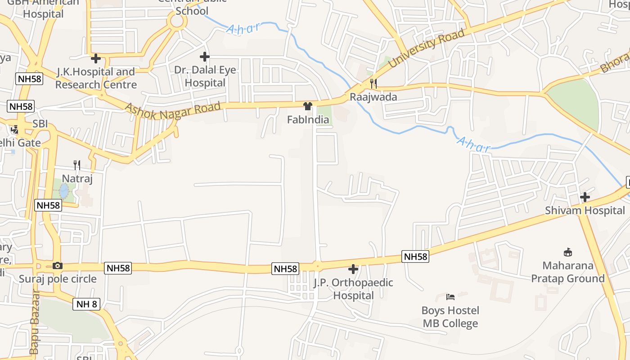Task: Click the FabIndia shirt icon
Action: (x=308, y=106)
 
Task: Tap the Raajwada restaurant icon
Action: (x=373, y=83)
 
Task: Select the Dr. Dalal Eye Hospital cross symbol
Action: (x=205, y=57)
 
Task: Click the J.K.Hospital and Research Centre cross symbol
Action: (x=95, y=58)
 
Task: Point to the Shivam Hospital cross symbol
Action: (x=585, y=197)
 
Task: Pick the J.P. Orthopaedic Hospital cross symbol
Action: (x=353, y=270)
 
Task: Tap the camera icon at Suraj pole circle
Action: (x=58, y=265)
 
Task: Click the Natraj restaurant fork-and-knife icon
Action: (x=77, y=165)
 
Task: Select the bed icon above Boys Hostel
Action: (x=450, y=297)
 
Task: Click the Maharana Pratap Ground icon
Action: (x=568, y=252)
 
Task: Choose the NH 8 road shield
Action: (x=86, y=304)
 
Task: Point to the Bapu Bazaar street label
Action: (x=34, y=322)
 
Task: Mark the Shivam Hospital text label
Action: (x=585, y=211)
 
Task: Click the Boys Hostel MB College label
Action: (x=450, y=317)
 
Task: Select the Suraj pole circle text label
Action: (x=58, y=279)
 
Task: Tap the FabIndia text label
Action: (x=308, y=120)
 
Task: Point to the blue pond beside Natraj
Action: (x=64, y=190)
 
